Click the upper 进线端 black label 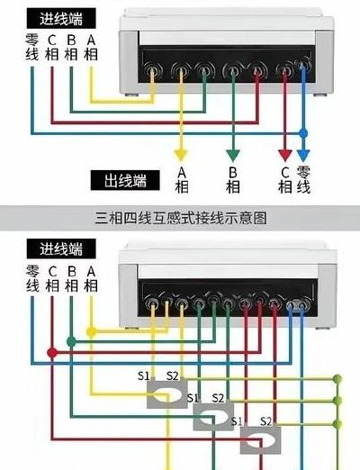[x=61, y=19]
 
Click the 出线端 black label [x=125, y=180]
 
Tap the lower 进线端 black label [x=61, y=249]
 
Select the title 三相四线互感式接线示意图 [x=181, y=218]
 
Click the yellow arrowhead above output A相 [x=181, y=156]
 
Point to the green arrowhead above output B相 [x=233, y=156]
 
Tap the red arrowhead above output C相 [x=285, y=155]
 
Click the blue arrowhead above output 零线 [x=303, y=156]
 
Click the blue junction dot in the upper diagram [x=303, y=133]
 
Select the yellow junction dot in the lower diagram [x=91, y=331]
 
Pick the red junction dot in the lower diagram [x=52, y=352]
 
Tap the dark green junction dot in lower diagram [x=71, y=341]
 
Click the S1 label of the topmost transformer [x=143, y=375]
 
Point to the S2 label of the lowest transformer [x=265, y=421]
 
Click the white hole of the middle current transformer [x=214, y=417]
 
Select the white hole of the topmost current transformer [x=167, y=394]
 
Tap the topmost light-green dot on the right [x=337, y=378]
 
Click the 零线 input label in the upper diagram [x=32, y=48]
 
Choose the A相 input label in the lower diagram [x=91, y=279]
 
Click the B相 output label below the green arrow [x=233, y=180]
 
